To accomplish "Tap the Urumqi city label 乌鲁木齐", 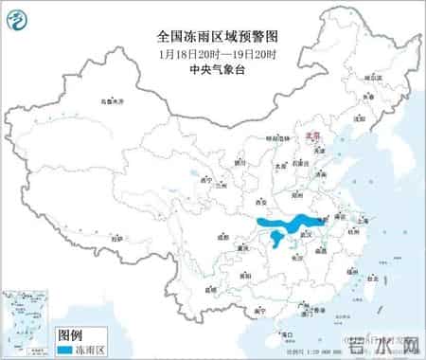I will (x=111, y=99).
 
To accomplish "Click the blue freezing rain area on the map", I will (x=284, y=227).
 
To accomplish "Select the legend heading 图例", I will (x=71, y=334).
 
